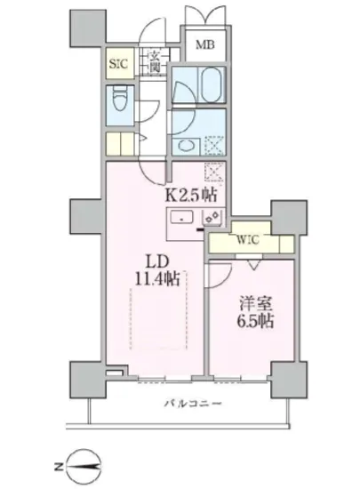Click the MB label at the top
click(204, 44)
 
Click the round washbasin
click(185, 142)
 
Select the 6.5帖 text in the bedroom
click(253, 318)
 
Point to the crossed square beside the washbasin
click(213, 143)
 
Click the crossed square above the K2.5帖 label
click(212, 173)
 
